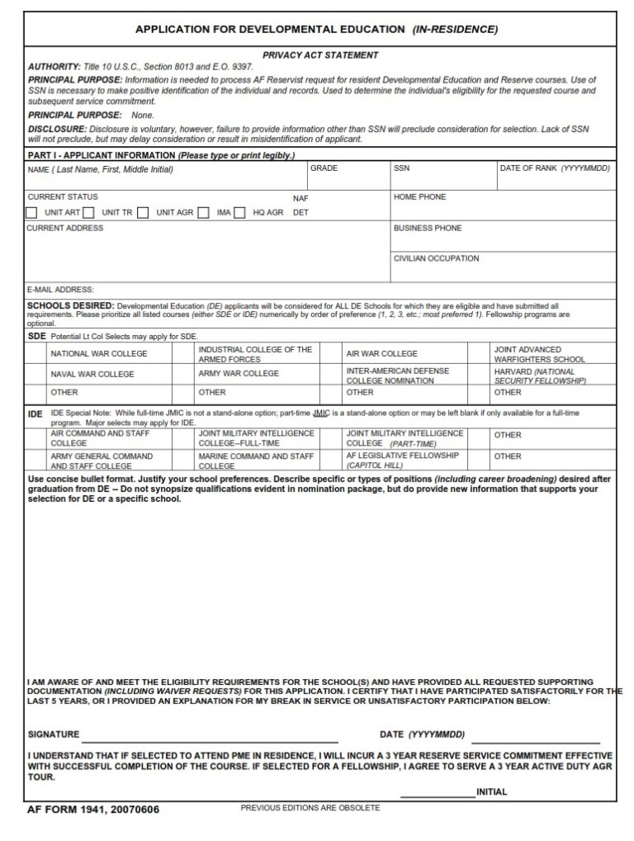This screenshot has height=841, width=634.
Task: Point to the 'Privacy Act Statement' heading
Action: point(320,55)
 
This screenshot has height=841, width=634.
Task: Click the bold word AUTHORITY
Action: point(54,66)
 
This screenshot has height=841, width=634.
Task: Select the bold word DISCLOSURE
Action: point(57,130)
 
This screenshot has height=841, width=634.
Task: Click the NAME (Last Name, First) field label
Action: point(101,170)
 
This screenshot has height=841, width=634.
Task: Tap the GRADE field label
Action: point(324,168)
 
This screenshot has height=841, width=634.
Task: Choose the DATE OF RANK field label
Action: point(554,168)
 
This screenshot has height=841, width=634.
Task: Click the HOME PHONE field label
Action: point(419,197)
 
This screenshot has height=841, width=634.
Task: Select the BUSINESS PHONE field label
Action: point(427,228)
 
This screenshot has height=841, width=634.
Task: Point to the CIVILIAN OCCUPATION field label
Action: point(436,258)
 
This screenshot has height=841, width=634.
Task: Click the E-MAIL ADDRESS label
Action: point(60,290)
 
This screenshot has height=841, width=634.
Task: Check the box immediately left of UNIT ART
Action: point(31,213)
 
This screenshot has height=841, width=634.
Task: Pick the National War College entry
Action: point(99,354)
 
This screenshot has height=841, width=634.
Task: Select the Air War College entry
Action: point(381,354)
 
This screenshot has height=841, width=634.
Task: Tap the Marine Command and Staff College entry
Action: point(256,461)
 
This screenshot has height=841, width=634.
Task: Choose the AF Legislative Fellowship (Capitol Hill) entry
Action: point(402,461)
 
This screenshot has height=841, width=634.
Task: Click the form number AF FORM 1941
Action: point(93,810)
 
